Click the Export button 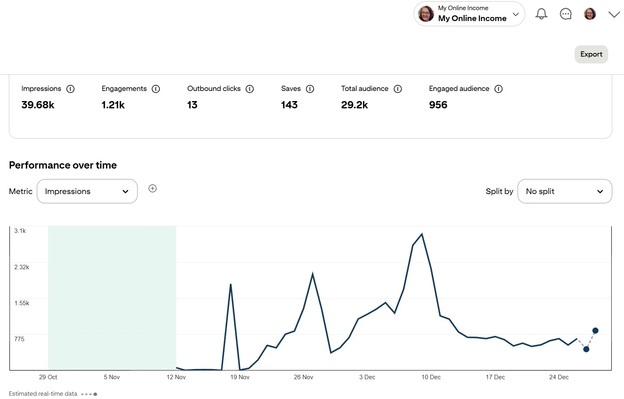(x=591, y=54)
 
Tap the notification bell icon (x=541, y=14)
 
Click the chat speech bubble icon (x=565, y=14)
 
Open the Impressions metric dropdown (x=87, y=191)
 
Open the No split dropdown (x=565, y=191)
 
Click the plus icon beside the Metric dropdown (x=153, y=188)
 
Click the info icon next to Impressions (x=70, y=89)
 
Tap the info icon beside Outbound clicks (x=250, y=89)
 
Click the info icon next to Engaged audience (x=499, y=89)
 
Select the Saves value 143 (x=289, y=105)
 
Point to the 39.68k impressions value (x=38, y=105)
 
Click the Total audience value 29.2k (x=354, y=105)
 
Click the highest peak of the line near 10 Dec (x=422, y=234)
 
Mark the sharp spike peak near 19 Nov (x=231, y=285)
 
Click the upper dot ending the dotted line (x=595, y=331)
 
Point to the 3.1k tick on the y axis (x=20, y=231)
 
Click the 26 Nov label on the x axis (x=304, y=377)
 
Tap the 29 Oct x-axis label (x=48, y=377)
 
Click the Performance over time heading (x=63, y=165)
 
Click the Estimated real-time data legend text (x=43, y=394)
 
